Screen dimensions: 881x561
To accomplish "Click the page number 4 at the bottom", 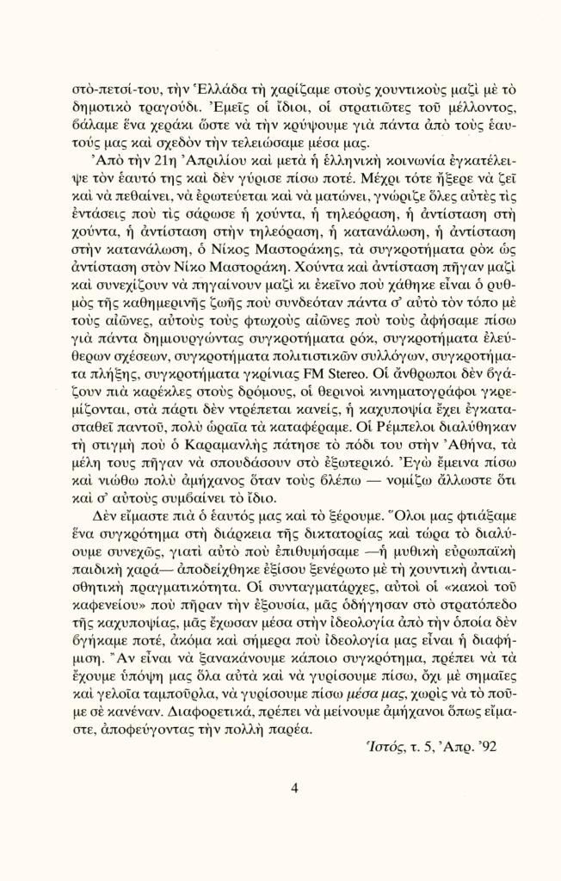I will tap(294, 788).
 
